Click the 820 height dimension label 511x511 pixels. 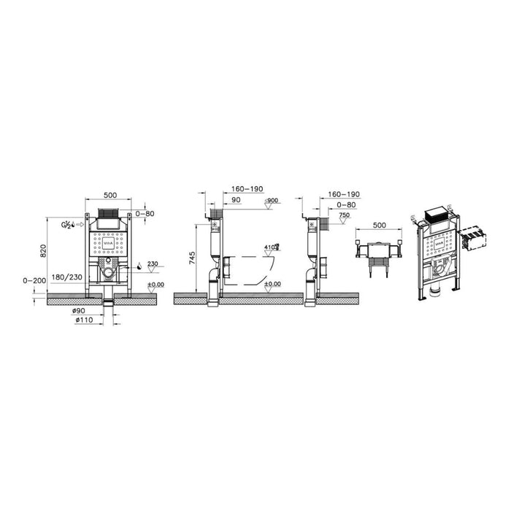43,250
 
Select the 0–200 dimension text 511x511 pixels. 33,280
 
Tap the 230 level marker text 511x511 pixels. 152,264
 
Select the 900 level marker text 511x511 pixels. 273,200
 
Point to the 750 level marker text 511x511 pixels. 345,216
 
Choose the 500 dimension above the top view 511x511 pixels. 378,226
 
